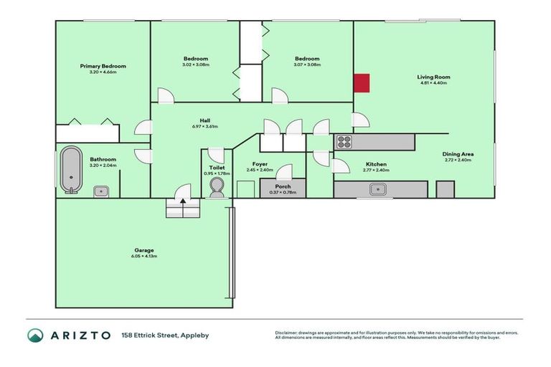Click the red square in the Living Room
point(362,83)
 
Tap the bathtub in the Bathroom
point(70,170)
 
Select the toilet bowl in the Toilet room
point(216,188)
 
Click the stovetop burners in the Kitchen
point(344,142)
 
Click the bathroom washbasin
point(103,191)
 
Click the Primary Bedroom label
point(103,66)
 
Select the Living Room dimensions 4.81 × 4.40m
point(433,83)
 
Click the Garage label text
point(143,250)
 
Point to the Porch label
point(283,186)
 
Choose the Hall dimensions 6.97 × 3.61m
point(204,127)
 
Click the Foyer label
point(260,164)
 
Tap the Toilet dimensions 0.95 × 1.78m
point(217,173)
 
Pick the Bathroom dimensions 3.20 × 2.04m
point(103,166)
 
